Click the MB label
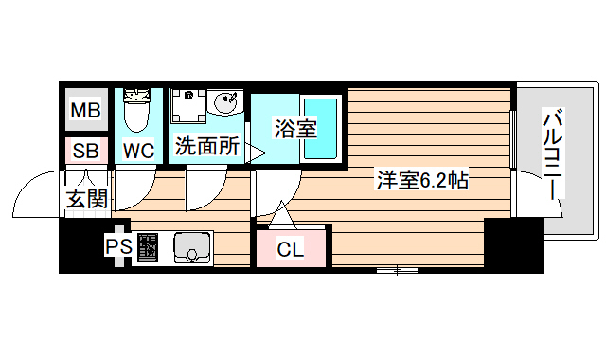(86, 111)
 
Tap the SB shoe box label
(86, 150)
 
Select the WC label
(138, 150)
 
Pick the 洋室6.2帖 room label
(422, 179)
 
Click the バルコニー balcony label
(553, 156)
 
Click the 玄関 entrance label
(86, 199)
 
